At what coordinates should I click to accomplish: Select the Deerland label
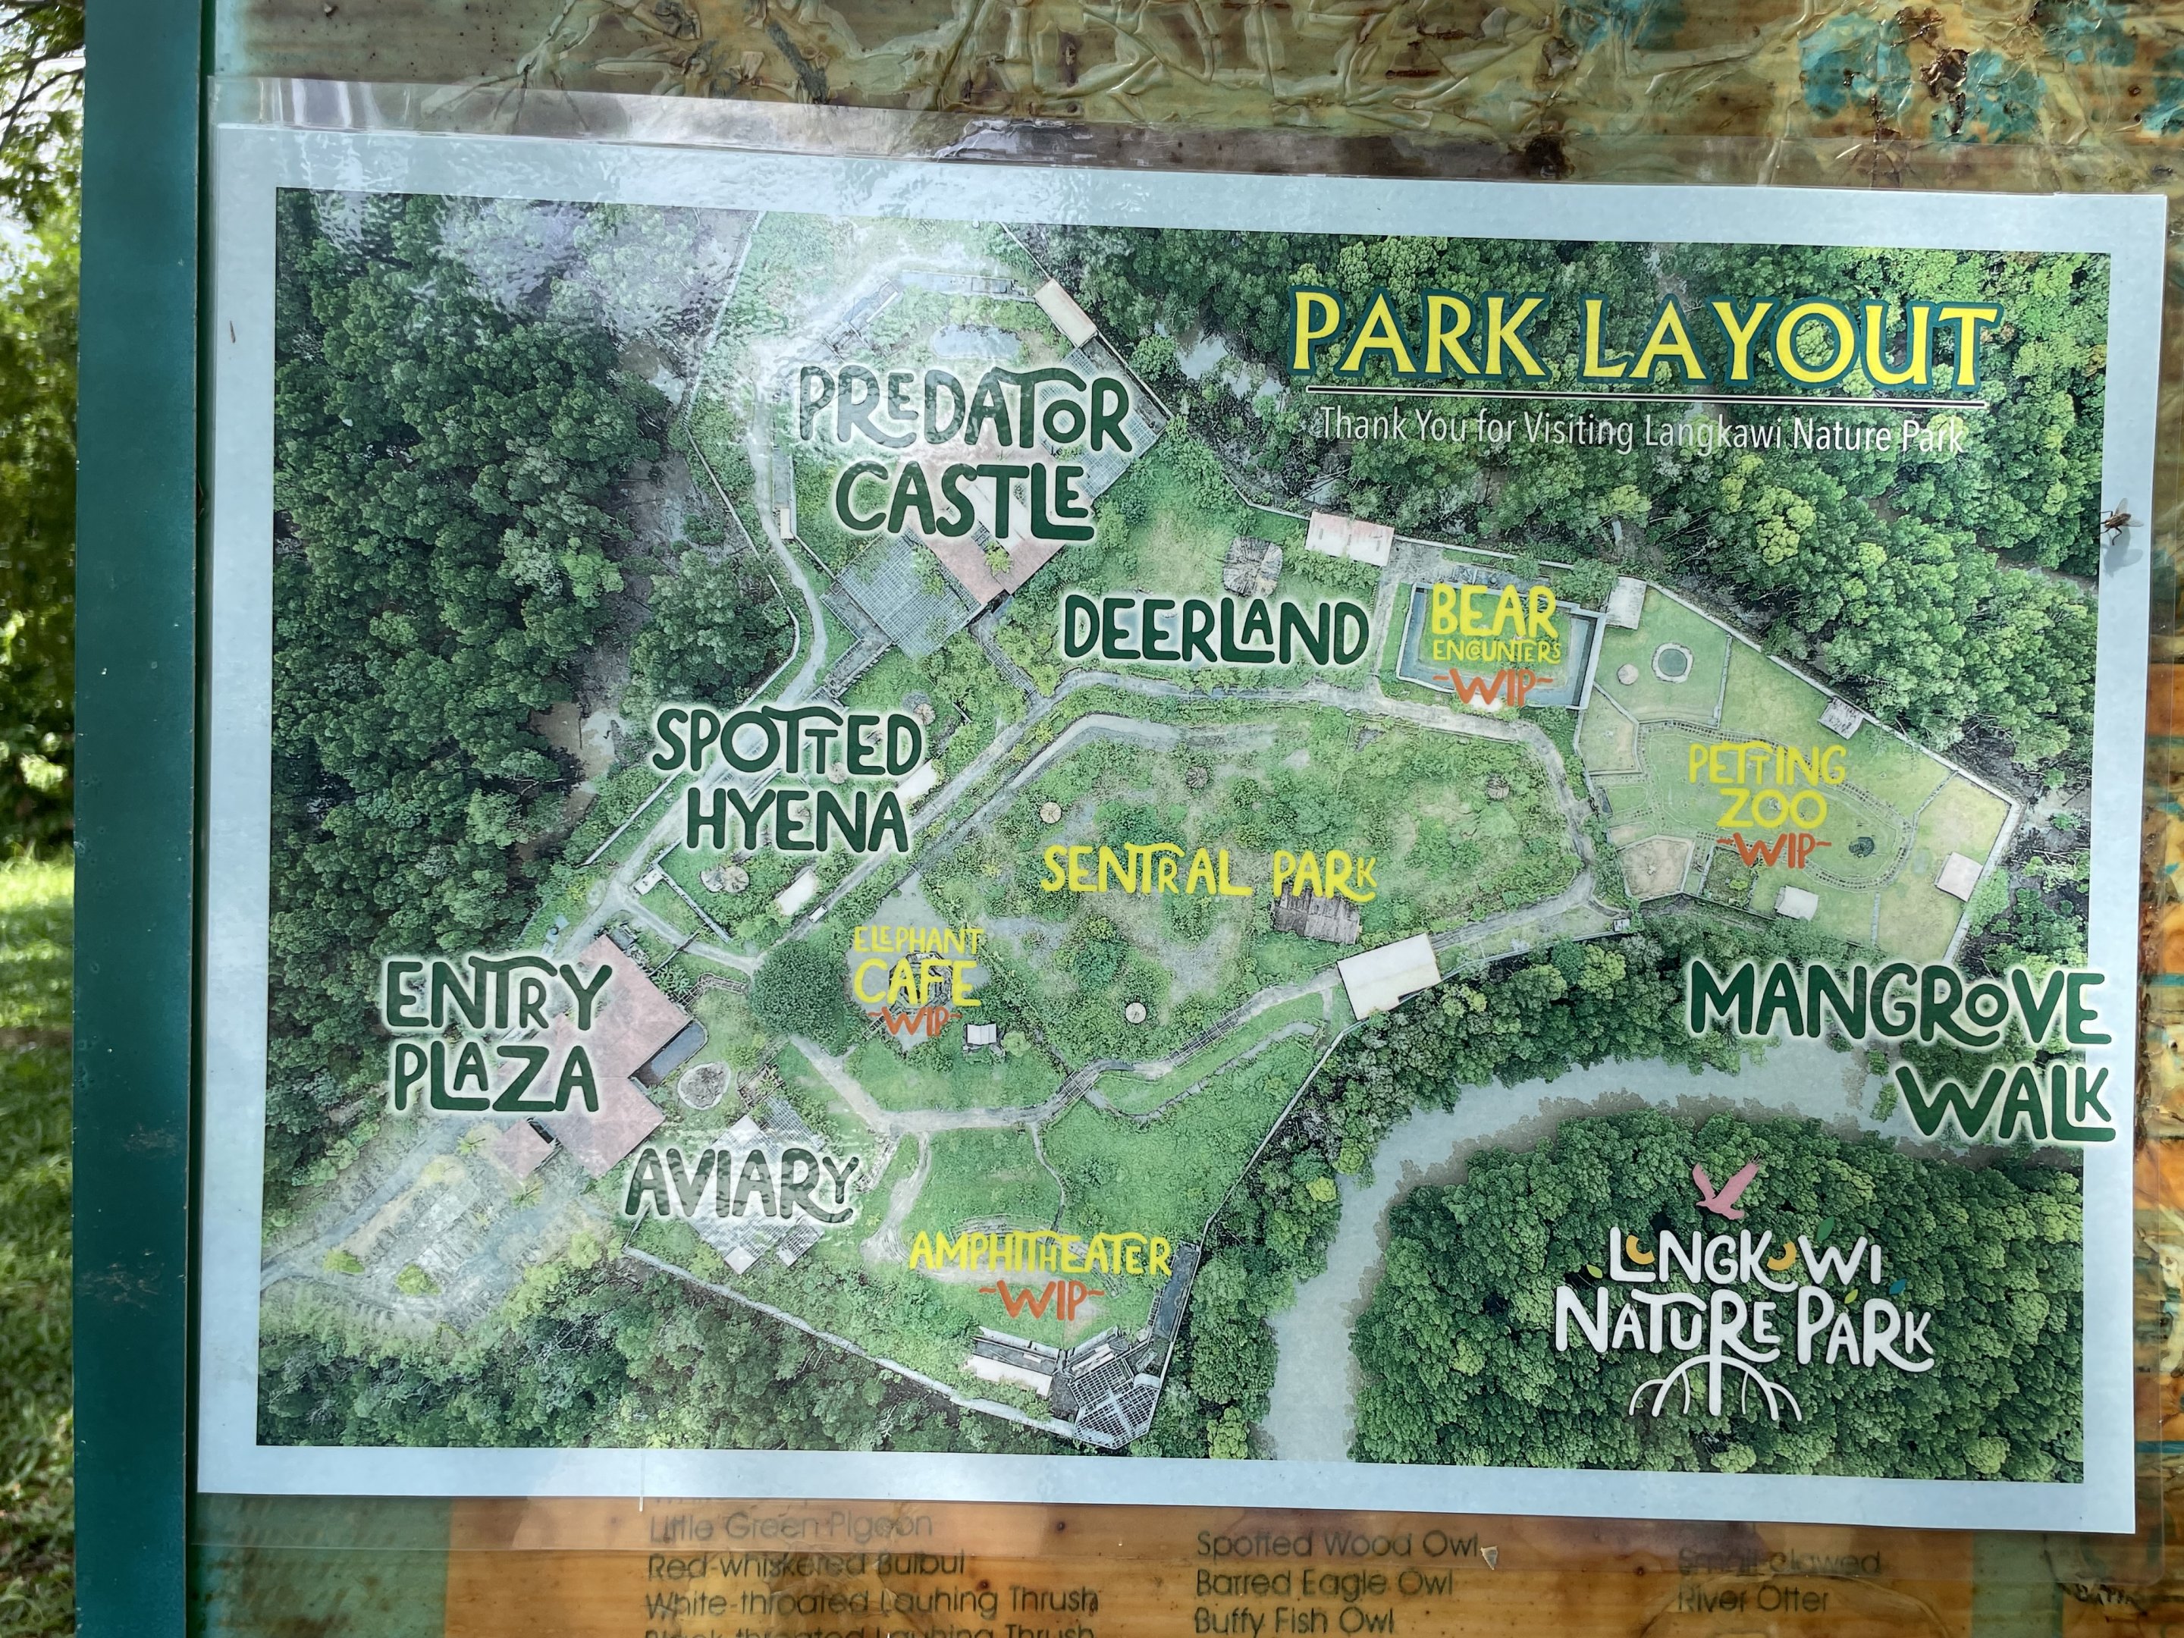coord(1214,632)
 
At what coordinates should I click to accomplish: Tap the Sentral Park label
coord(1209,874)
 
